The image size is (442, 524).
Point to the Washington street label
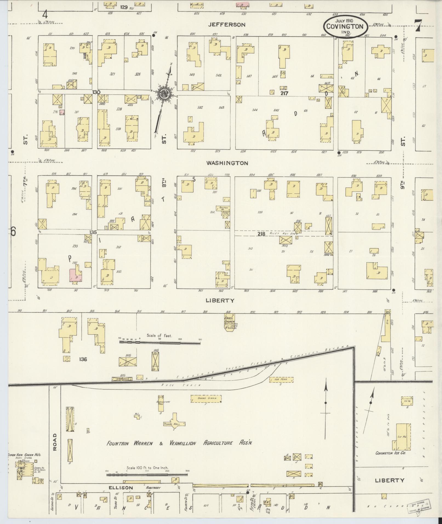pyautogui.click(x=227, y=163)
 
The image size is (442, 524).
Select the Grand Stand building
pyautogui.click(x=206, y=399)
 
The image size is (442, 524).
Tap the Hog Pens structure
pyautogui.click(x=281, y=380)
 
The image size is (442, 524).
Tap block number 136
pyautogui.click(x=83, y=359)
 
